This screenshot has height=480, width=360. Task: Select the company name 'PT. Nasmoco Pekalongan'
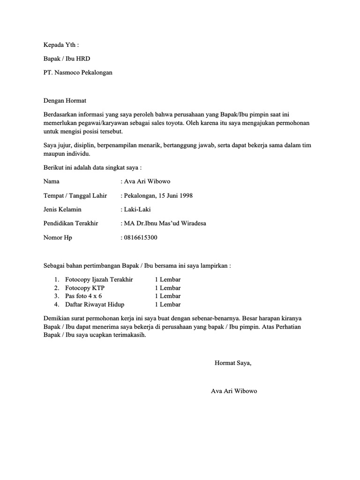[x=78, y=73]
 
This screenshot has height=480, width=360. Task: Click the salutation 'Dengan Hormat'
[x=65, y=100]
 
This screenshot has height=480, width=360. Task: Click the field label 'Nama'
[x=52, y=181]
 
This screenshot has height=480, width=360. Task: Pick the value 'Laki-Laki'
[x=137, y=210]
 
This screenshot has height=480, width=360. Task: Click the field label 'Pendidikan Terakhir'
[x=71, y=224]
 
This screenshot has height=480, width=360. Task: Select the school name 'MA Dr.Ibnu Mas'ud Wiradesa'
[x=165, y=224]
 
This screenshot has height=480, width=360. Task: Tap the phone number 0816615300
[x=140, y=238]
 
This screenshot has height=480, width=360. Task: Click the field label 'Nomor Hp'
[x=58, y=238]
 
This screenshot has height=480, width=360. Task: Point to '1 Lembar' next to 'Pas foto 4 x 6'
[x=167, y=296]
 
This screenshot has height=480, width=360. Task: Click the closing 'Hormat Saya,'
[x=233, y=363]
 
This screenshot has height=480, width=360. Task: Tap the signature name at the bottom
[x=234, y=391]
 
